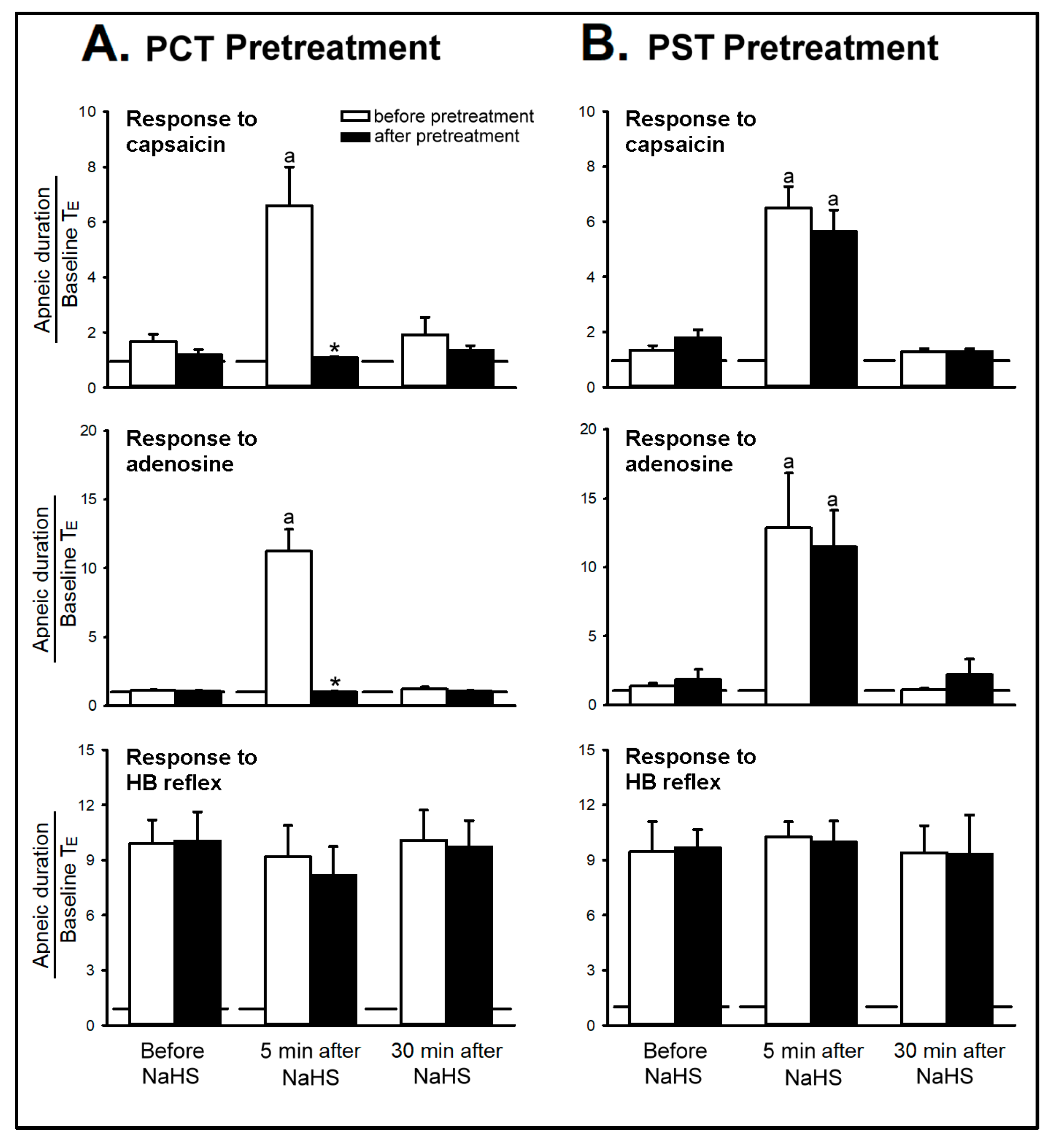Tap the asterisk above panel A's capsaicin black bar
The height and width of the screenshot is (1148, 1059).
[335, 348]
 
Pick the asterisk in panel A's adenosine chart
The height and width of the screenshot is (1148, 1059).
[335, 682]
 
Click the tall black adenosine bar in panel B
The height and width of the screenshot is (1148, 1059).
[834, 625]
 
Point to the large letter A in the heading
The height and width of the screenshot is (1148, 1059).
[105, 44]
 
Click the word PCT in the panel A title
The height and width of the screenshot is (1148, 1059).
[180, 48]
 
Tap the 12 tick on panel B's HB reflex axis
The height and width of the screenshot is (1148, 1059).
[587, 805]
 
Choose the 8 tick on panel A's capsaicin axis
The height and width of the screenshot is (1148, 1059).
[92, 167]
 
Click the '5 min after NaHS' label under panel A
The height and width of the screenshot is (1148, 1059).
[311, 1064]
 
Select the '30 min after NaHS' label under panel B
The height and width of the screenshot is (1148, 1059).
[948, 1064]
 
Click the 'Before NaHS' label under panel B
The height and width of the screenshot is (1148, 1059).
[674, 1064]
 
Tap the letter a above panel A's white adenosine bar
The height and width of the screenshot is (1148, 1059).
[289, 518]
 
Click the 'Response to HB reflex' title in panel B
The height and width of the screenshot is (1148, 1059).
[690, 769]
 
